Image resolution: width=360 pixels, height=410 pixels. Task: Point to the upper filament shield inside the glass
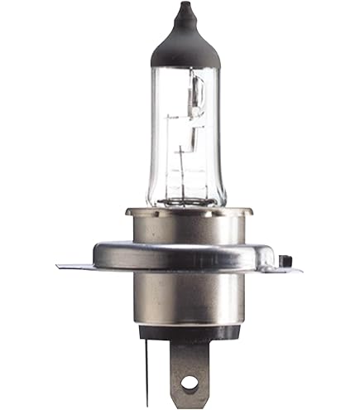(x=197, y=95)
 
